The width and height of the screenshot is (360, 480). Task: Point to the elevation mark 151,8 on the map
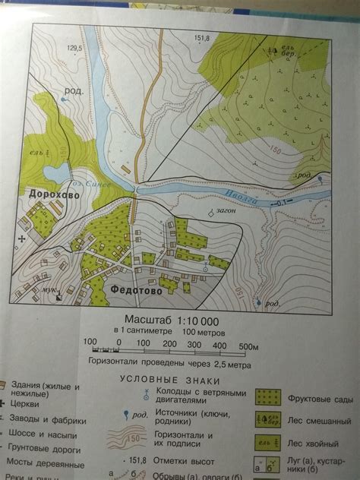click(x=201, y=38)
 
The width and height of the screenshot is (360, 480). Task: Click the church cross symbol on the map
click(x=22, y=238)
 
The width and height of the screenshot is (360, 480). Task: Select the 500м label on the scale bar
click(x=249, y=346)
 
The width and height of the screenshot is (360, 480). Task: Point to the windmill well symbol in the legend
click(x=144, y=394)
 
